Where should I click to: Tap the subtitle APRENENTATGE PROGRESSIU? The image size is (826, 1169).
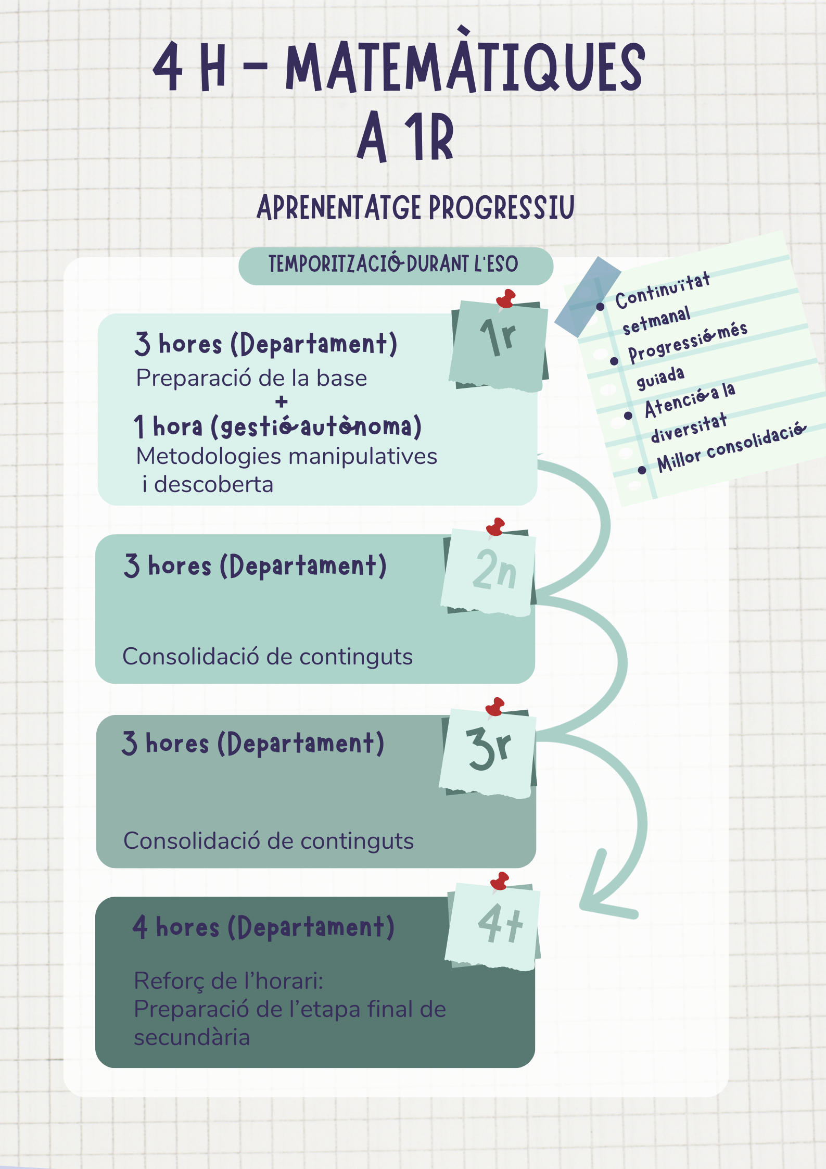(415, 207)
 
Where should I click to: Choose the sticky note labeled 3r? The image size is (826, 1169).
(488, 751)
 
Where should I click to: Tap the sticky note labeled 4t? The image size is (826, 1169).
(494, 926)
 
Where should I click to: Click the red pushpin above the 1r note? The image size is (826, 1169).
(506, 299)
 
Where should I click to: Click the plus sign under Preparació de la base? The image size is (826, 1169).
(282, 402)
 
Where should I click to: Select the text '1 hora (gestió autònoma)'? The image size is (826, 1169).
(277, 426)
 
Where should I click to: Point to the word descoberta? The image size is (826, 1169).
(214, 485)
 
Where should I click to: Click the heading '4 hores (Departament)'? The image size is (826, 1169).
(263, 928)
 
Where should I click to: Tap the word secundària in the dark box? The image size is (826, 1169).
(192, 1037)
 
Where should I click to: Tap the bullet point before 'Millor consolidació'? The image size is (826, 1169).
(642, 470)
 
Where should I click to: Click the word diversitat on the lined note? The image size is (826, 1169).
(689, 428)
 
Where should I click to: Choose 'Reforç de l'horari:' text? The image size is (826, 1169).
(228, 981)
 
